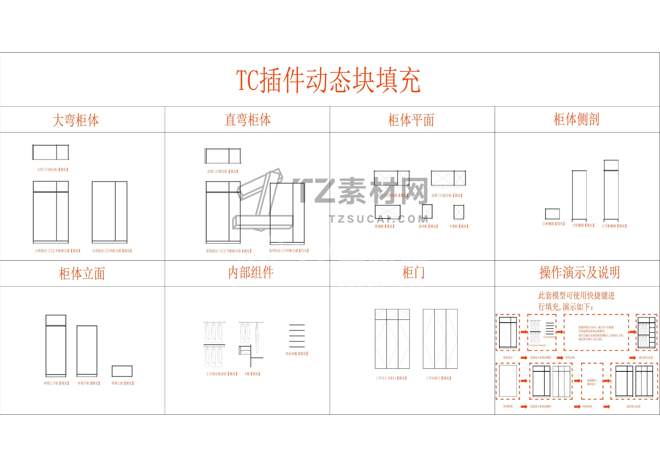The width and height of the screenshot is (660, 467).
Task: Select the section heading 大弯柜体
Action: click(76, 120)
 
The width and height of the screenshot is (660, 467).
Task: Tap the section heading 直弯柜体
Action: click(248, 120)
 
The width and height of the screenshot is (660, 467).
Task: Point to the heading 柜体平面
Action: click(411, 120)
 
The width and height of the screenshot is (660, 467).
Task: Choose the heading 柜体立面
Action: click(82, 273)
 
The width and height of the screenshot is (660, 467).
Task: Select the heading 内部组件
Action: click(251, 273)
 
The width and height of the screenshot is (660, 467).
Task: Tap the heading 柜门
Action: click(413, 273)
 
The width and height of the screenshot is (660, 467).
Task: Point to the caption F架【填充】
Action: click(252, 374)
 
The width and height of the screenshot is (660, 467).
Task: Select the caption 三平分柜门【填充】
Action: click(438, 378)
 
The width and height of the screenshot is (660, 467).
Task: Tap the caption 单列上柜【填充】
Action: click(122, 383)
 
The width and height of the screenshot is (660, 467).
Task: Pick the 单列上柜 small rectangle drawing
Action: click(122, 371)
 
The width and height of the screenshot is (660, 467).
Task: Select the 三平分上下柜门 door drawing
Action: click(392, 339)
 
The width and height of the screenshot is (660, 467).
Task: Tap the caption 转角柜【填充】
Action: click(385, 226)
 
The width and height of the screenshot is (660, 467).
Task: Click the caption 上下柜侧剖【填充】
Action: click(614, 226)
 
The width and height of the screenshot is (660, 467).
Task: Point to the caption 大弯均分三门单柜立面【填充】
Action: click(112, 251)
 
